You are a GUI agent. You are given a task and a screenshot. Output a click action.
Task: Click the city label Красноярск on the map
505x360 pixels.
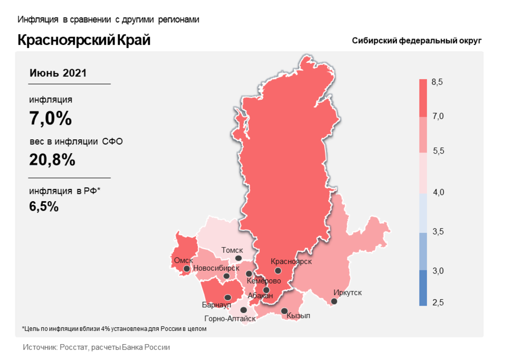pyautogui.click(x=291, y=261)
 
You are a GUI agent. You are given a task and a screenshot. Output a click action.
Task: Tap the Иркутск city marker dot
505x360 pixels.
pyautogui.click(x=334, y=301)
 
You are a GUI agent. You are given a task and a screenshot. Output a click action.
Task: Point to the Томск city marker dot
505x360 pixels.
pyautogui.click(x=239, y=258)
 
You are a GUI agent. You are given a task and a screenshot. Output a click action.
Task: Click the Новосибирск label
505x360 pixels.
pyautogui.click(x=213, y=268)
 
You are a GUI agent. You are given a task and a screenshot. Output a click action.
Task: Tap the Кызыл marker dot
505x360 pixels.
pyautogui.click(x=284, y=311)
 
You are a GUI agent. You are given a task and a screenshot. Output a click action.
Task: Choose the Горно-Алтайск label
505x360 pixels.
pyautogui.click(x=230, y=318)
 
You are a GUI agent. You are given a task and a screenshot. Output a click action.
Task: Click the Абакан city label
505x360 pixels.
pyautogui.click(x=260, y=296)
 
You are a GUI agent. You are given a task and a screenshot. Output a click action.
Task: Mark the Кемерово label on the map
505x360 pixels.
pyautogui.click(x=263, y=281)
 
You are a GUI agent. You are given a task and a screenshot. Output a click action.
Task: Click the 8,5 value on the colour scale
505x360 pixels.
pyautogui.click(x=437, y=82)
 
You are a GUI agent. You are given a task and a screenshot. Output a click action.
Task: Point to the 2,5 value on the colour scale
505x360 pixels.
pyautogui.click(x=438, y=302)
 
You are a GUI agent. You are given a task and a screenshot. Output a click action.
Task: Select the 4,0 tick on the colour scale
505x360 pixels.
pyautogui.click(x=438, y=192)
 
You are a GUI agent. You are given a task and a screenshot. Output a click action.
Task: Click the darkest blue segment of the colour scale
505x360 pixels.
pyautogui.click(x=423, y=288)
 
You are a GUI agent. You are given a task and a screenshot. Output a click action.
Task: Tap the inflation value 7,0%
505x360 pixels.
pyautogui.click(x=50, y=119)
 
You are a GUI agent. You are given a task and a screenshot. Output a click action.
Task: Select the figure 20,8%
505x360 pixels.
pyautogui.click(x=52, y=159)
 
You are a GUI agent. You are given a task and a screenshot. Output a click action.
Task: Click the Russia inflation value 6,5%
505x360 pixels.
pyautogui.click(x=44, y=206)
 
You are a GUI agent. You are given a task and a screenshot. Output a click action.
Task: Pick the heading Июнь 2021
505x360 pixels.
pyautogui.click(x=58, y=73)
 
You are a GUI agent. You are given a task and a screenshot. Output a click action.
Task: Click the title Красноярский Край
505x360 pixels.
pyautogui.click(x=84, y=40)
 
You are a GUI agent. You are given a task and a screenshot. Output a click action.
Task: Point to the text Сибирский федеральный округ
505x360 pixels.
pyautogui.click(x=417, y=41)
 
